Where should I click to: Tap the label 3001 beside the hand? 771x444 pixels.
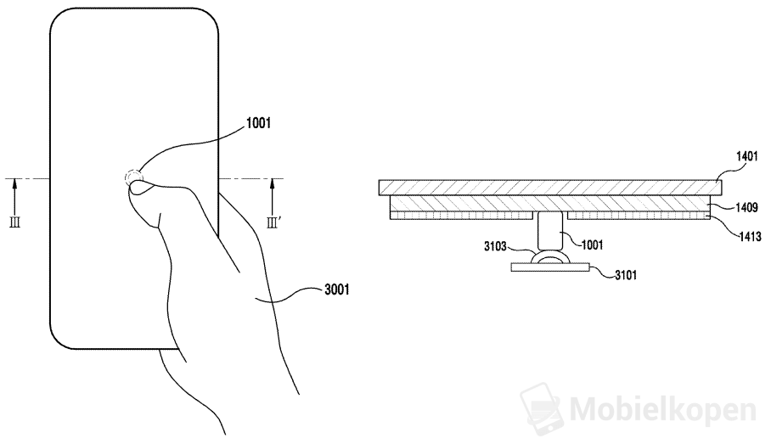coord(335,289)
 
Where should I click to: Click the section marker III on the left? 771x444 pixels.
coord(15,222)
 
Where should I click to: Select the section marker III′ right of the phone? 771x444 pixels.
coord(273,222)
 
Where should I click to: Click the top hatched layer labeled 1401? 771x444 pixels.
coord(550,187)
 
